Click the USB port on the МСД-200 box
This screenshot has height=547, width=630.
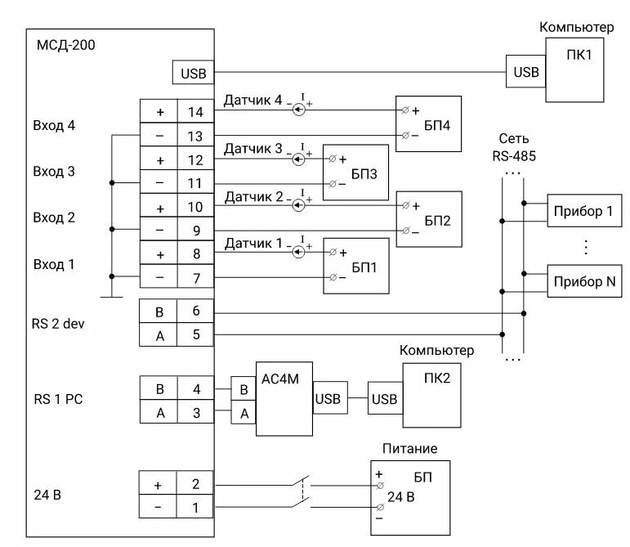click(x=193, y=73)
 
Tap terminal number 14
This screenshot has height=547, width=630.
click(x=195, y=112)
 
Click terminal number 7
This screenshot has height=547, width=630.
click(x=195, y=278)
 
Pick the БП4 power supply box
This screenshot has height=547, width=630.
click(x=428, y=123)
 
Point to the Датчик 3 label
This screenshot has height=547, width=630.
click(x=253, y=150)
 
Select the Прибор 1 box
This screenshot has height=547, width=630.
click(x=583, y=212)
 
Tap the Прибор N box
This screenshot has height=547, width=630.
click(x=583, y=281)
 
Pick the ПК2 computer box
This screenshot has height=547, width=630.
click(x=431, y=397)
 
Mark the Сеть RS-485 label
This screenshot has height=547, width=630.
click(x=514, y=147)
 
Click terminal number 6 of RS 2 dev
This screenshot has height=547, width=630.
click(x=195, y=312)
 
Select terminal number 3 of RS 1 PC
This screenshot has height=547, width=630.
click(x=195, y=412)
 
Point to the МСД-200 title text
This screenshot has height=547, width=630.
click(x=66, y=45)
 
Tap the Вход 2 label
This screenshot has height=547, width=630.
click(x=54, y=217)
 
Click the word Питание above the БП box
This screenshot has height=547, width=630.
click(x=409, y=449)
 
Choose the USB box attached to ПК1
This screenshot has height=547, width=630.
click(x=526, y=73)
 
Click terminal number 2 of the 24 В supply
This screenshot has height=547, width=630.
click(x=195, y=484)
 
